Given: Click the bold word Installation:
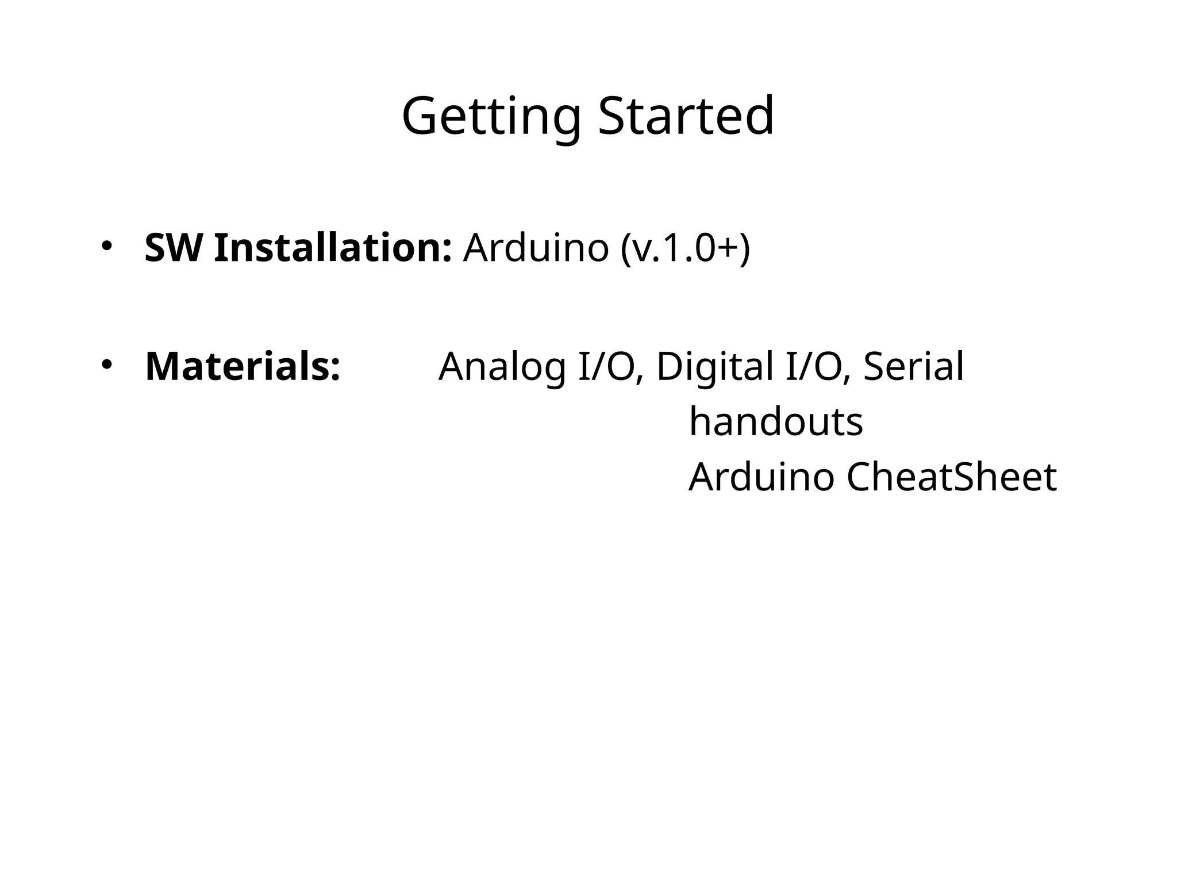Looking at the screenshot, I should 333,248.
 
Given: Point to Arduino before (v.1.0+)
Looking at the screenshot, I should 536,248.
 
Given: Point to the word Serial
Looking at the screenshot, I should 913,366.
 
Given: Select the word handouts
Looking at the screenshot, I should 776,421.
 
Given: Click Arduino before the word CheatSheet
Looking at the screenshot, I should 761,477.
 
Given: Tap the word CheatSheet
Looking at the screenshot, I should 951,477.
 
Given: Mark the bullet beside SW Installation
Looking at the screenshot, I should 106,245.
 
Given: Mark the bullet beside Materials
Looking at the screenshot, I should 106,364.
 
